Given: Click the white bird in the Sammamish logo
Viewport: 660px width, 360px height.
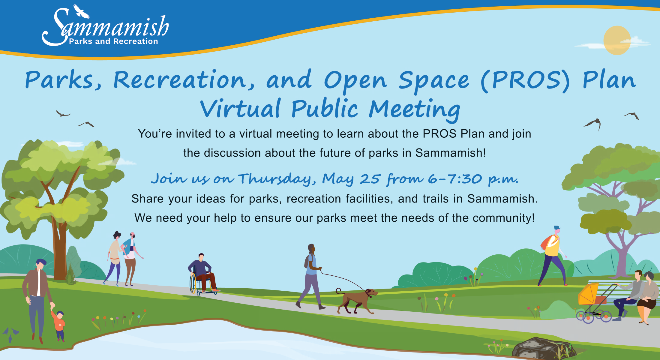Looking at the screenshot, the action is point(81,12).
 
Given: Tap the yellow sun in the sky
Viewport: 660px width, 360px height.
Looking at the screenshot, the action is point(617,40).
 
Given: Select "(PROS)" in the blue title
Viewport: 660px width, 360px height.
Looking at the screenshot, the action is point(525,80).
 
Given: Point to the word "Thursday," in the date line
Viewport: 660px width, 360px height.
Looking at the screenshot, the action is point(277,179).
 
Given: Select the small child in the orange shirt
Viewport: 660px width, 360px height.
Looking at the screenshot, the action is point(59,325).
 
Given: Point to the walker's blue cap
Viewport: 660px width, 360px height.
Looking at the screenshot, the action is point(557,228).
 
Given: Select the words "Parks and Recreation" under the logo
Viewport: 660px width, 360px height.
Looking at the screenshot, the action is point(113,41).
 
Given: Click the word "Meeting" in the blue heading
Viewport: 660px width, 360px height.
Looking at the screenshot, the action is point(415,110).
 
